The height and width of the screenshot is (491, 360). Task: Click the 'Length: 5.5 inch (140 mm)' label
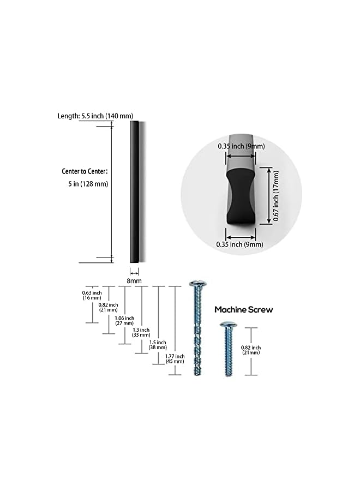coord(95,116)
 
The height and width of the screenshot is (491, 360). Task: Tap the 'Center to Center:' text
coord(85,171)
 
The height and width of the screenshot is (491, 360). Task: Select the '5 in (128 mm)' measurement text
coord(88,184)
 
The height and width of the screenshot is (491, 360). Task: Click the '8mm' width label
coord(134,281)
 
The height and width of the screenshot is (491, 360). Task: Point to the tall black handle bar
coord(134,191)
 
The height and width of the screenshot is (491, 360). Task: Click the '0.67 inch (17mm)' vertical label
coord(276,196)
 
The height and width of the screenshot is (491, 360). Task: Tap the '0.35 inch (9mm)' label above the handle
coord(241,146)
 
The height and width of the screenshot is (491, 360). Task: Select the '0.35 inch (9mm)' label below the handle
coord(239,244)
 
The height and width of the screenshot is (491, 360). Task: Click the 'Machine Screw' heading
coord(244,310)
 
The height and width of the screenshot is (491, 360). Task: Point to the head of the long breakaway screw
coord(198,284)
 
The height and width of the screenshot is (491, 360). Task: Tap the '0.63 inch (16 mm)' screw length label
coord(92,295)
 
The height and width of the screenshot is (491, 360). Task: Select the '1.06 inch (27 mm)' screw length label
coord(124,321)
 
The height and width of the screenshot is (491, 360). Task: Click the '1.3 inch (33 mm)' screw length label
coord(141,332)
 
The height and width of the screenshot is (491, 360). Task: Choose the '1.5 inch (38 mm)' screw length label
coord(158,345)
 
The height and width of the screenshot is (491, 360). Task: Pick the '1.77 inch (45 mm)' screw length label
coord(175,359)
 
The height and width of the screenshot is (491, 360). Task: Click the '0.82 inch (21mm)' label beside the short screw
coord(251,350)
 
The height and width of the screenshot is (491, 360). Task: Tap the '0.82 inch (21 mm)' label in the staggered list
coord(109,307)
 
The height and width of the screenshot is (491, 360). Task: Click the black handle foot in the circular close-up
coord(241,197)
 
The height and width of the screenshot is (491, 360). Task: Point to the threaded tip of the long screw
coord(197,372)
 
